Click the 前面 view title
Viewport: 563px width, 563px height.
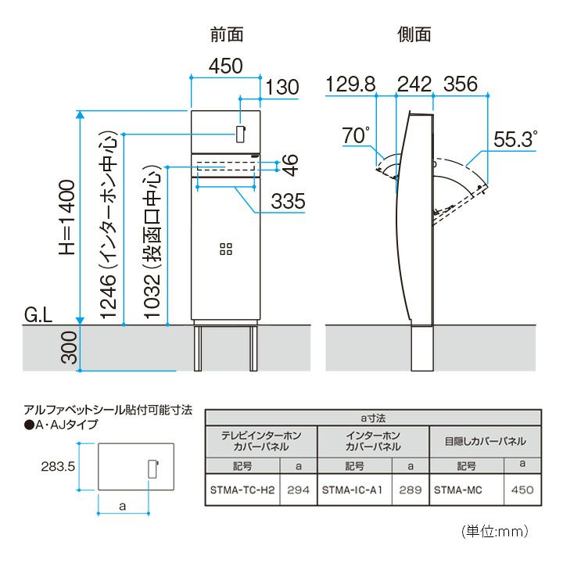(227, 35)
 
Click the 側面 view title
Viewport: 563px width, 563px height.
(414, 35)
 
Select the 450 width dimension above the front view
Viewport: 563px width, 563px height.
(226, 66)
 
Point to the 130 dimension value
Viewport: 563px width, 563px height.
(282, 88)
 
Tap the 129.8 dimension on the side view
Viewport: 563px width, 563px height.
(350, 84)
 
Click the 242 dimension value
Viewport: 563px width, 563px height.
(414, 84)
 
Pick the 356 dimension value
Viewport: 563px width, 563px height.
(461, 84)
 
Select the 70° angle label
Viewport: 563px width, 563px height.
(356, 135)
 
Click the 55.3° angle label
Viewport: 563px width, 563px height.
(515, 139)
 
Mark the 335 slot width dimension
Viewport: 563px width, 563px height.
(288, 201)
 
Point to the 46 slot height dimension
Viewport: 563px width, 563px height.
(290, 165)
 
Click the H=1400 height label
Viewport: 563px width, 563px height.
(67, 218)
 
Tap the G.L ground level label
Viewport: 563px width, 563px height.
(38, 315)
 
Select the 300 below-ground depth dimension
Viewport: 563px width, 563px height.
(69, 347)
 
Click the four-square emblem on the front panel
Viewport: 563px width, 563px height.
(226, 249)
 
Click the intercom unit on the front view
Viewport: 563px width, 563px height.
(241, 134)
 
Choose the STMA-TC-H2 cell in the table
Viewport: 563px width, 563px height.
(242, 489)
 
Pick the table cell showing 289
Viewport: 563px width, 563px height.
(411, 489)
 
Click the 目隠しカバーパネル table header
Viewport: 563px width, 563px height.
(486, 441)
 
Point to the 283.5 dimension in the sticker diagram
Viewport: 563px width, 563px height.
(58, 466)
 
